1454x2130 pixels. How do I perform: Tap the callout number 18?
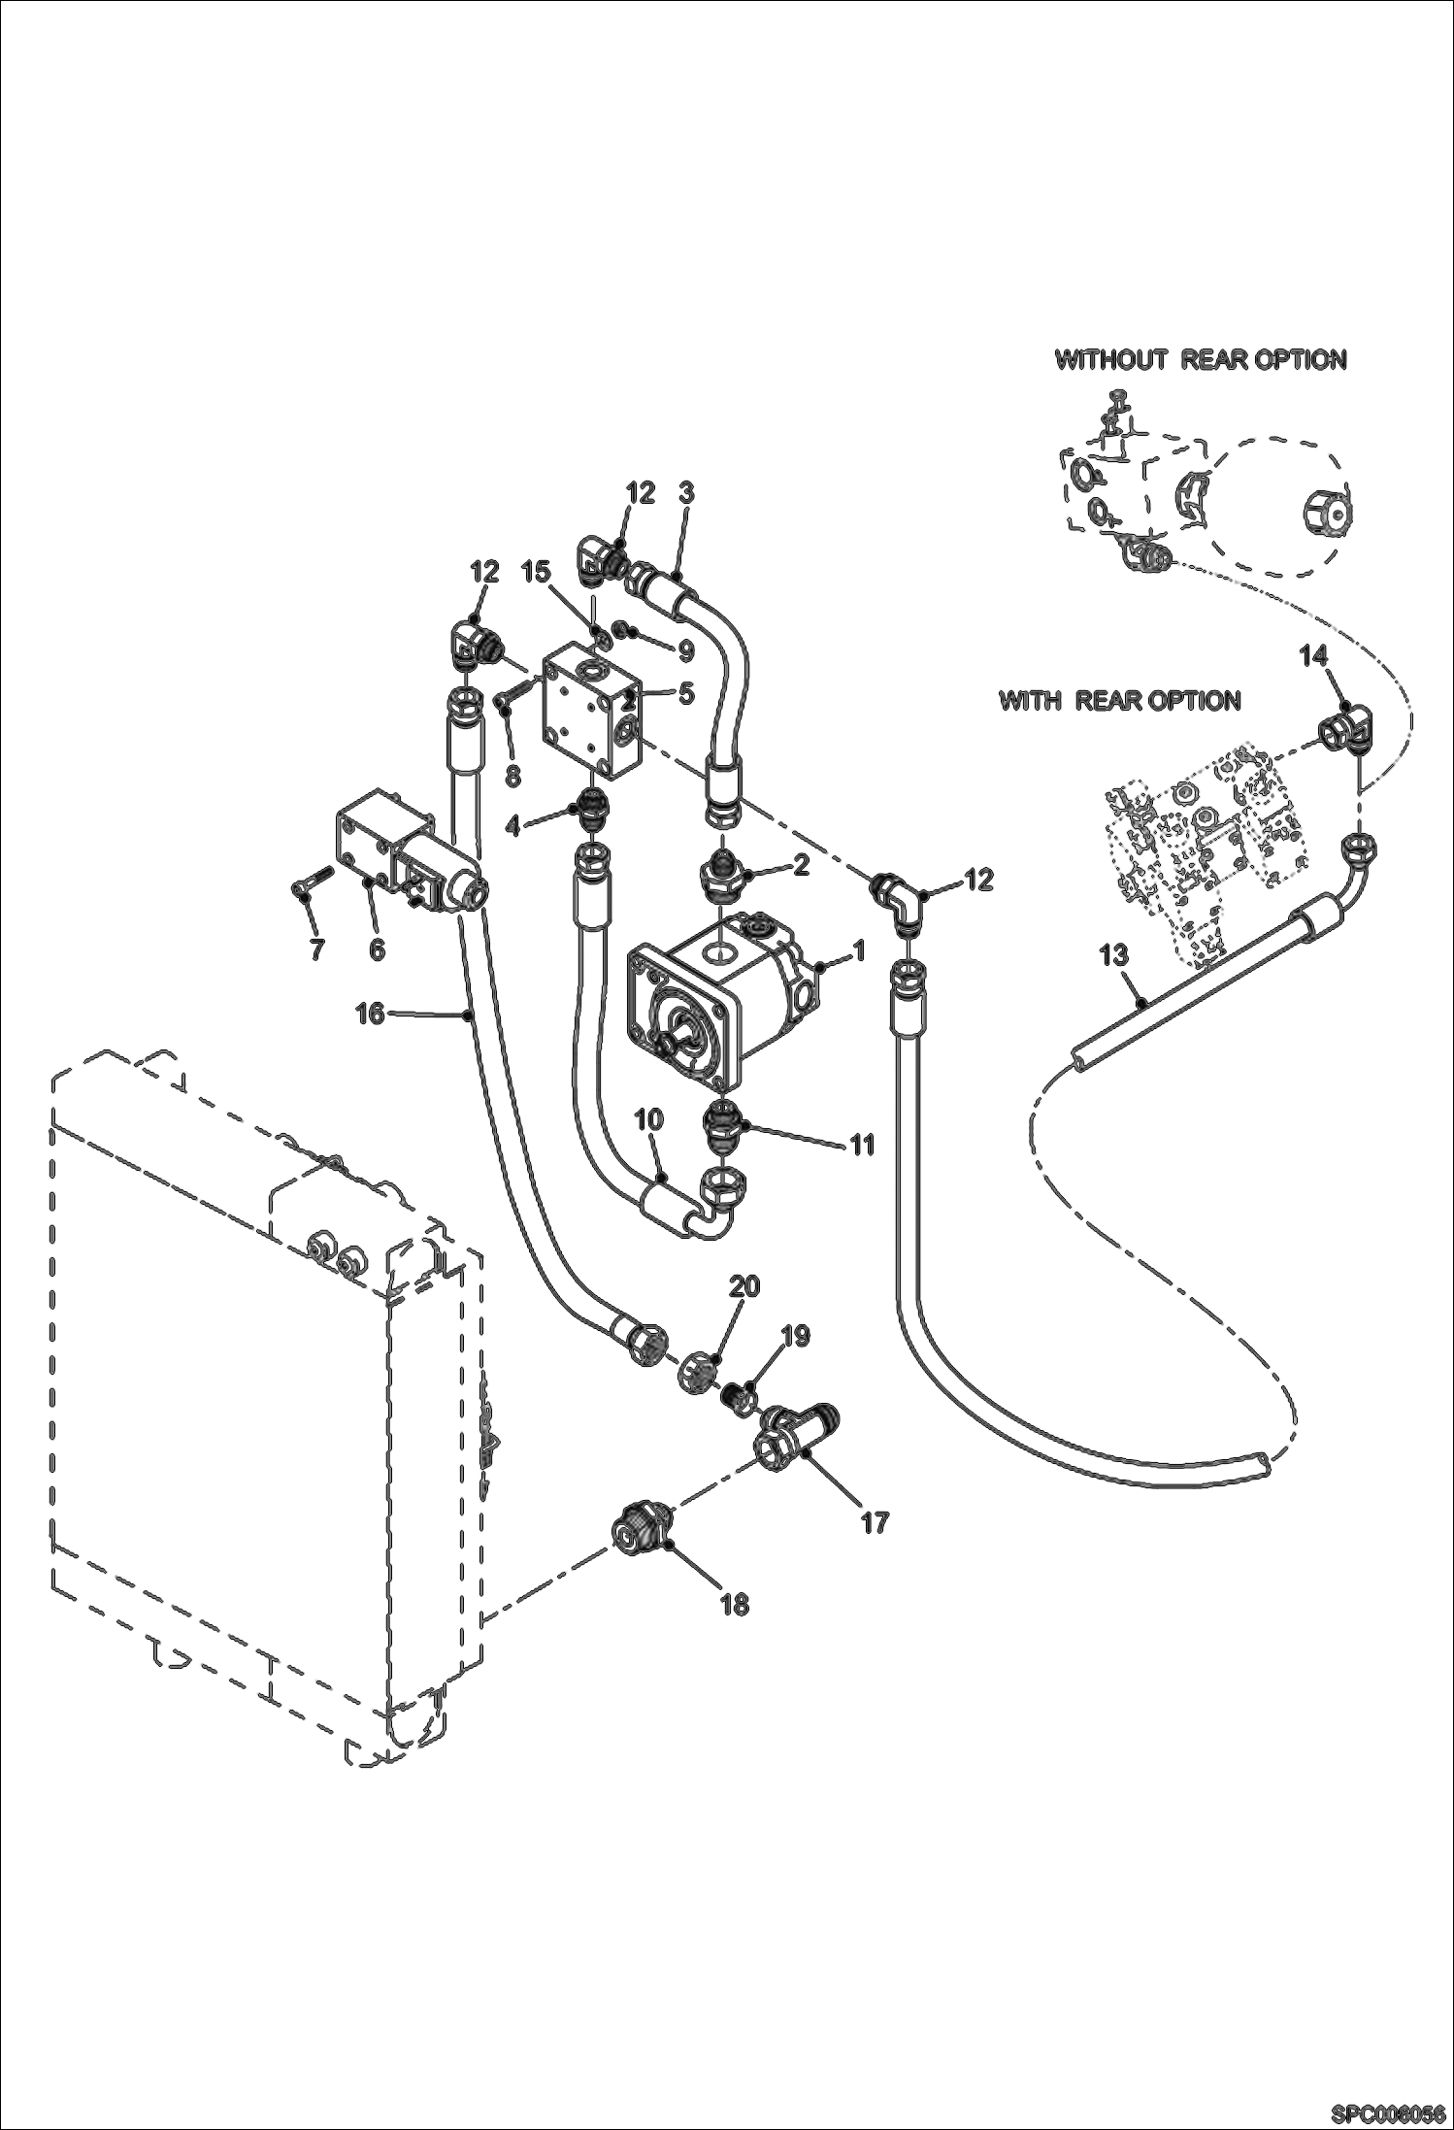[x=736, y=1605]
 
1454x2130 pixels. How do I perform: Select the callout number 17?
[x=875, y=1522]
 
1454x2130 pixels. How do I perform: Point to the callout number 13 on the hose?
[x=1114, y=955]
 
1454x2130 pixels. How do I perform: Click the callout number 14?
[x=1313, y=657]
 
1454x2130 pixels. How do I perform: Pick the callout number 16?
[x=370, y=1014]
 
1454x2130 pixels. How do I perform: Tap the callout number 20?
[x=744, y=1286]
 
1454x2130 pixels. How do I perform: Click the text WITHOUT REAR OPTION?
[x=1201, y=359]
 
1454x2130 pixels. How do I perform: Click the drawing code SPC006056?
[x=1389, y=2112]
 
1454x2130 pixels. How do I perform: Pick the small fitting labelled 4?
[x=588, y=802]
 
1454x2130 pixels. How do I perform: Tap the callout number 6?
[x=377, y=949]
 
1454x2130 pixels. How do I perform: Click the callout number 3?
[x=686, y=492]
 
